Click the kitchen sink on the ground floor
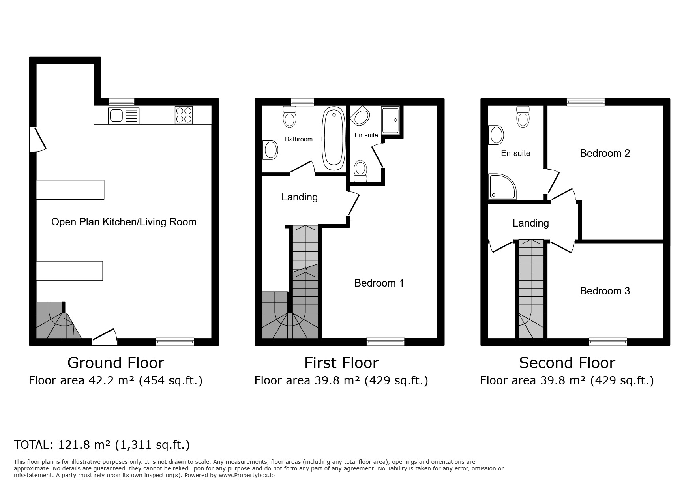(124, 115)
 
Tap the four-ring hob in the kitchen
(184, 115)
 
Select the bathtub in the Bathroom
(334, 139)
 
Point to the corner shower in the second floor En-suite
(502, 187)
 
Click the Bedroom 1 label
(379, 283)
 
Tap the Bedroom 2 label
(605, 153)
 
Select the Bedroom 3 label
(605, 291)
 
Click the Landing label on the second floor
(530, 223)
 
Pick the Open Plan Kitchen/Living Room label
(124, 222)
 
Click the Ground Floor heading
(116, 363)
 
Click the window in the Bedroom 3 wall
(608, 342)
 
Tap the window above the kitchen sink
(122, 102)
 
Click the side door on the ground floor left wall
(37, 139)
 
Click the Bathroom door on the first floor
(303, 167)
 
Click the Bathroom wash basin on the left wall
(270, 150)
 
